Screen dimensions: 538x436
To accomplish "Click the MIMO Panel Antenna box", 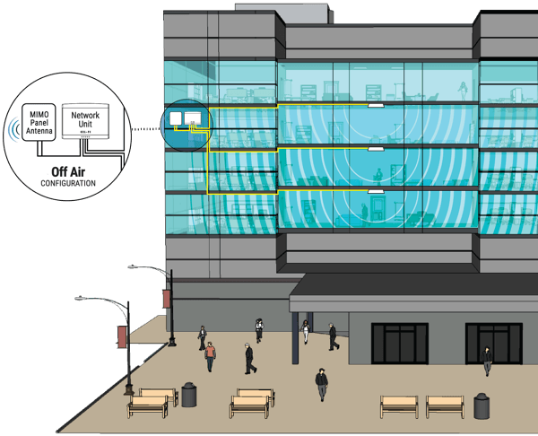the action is (x=39, y=122).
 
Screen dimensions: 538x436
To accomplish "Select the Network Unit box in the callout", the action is (x=85, y=121).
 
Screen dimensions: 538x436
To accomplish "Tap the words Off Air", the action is (x=68, y=171).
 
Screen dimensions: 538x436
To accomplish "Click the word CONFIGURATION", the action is (x=68, y=183).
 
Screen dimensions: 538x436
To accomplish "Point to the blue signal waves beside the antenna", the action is (x=13, y=129).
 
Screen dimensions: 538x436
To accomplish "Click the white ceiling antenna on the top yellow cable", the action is (x=376, y=105).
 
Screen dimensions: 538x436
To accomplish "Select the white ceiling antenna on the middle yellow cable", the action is (x=376, y=149).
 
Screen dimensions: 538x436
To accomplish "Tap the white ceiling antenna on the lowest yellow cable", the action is (x=376, y=191).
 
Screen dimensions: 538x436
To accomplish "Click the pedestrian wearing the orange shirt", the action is (x=210, y=356).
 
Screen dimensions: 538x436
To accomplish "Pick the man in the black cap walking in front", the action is (x=322, y=385).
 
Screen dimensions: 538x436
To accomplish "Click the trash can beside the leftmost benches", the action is (x=188, y=395).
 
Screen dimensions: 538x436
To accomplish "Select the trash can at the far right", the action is (x=482, y=406).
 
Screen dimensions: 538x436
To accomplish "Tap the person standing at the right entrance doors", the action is (x=487, y=361).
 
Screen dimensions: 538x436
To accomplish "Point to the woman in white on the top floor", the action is (x=464, y=91).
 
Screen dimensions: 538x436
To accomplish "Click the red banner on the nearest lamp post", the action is (x=122, y=336).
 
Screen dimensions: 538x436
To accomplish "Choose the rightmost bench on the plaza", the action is (x=445, y=406).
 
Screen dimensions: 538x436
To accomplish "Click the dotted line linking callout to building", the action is (x=146, y=129).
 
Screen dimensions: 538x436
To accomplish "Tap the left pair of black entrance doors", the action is (x=400, y=344).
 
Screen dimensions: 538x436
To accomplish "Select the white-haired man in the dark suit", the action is (x=250, y=359).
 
